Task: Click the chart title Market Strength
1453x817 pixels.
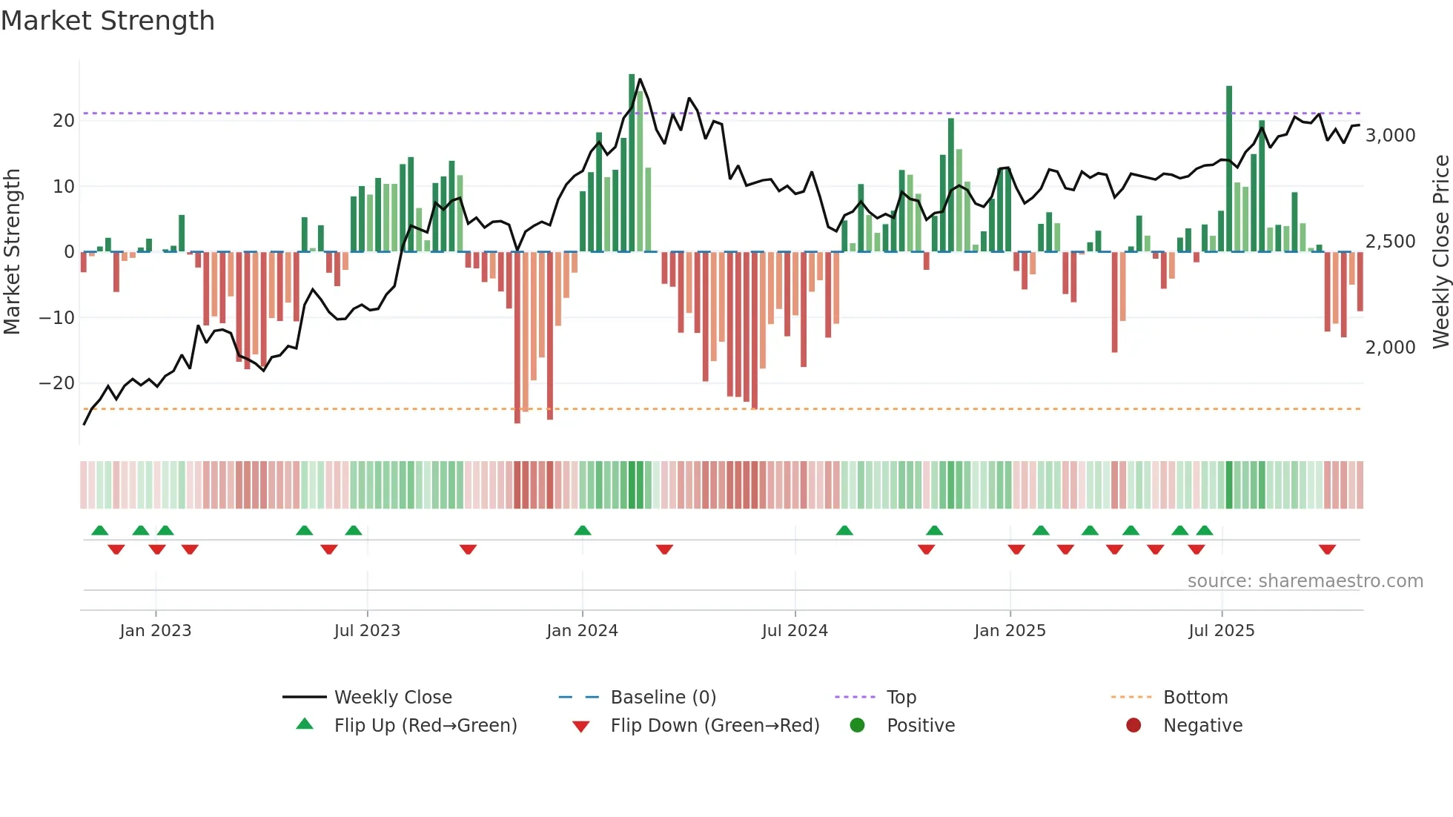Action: [x=107, y=21]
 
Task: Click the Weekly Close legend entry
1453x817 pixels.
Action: [x=392, y=697]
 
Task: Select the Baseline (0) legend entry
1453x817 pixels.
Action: [x=663, y=697]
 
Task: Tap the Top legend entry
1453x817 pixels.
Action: [x=901, y=697]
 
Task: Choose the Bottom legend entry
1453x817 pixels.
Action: [x=1195, y=697]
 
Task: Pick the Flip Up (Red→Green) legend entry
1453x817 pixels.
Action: [x=425, y=725]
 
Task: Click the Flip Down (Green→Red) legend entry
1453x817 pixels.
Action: [x=715, y=725]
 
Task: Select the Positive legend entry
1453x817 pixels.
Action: [x=920, y=725]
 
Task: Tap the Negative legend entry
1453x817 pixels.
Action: [x=1202, y=725]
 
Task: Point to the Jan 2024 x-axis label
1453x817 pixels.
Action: [x=582, y=630]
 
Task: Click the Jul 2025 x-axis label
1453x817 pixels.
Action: [x=1221, y=630]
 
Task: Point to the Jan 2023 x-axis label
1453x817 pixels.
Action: [x=156, y=630]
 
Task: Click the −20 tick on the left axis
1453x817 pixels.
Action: [x=57, y=383]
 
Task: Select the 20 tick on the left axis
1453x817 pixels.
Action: [x=64, y=120]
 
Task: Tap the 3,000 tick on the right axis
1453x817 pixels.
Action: [x=1390, y=135]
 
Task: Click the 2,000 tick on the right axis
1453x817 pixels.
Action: [x=1390, y=347]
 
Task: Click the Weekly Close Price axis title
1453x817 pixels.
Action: [x=1440, y=252]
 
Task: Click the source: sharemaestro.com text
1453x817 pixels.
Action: [x=1305, y=580]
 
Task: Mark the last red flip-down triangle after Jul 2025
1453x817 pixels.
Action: [x=1327, y=549]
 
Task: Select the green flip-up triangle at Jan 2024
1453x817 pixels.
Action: [x=583, y=530]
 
